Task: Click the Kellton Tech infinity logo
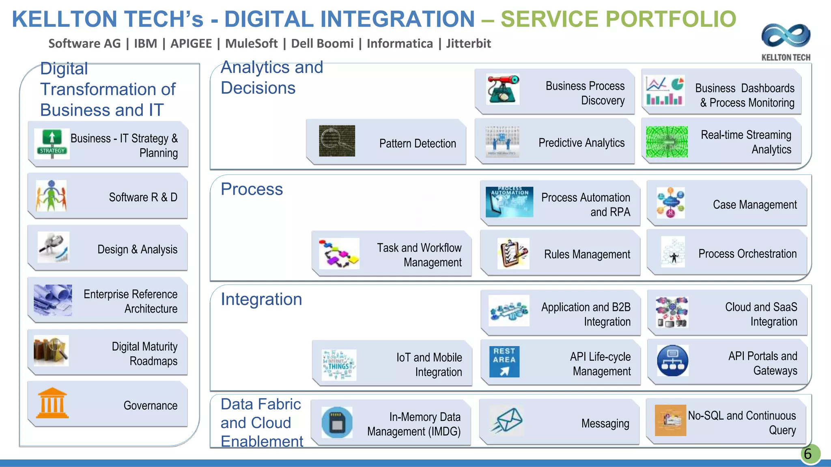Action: (786, 36)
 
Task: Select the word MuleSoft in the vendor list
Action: (251, 43)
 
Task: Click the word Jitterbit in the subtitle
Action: (468, 43)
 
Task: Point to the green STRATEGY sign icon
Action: (52, 144)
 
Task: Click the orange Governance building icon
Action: (52, 403)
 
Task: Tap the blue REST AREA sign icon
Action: (504, 361)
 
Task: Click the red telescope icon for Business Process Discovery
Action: (503, 90)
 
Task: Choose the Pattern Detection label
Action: (417, 144)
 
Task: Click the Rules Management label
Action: (587, 255)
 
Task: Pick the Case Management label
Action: (754, 205)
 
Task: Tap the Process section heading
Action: (252, 189)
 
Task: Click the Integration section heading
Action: (261, 300)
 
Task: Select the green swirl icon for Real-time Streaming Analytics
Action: (667, 142)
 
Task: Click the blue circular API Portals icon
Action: (672, 360)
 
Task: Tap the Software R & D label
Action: (143, 197)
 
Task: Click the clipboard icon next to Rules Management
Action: (513, 254)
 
